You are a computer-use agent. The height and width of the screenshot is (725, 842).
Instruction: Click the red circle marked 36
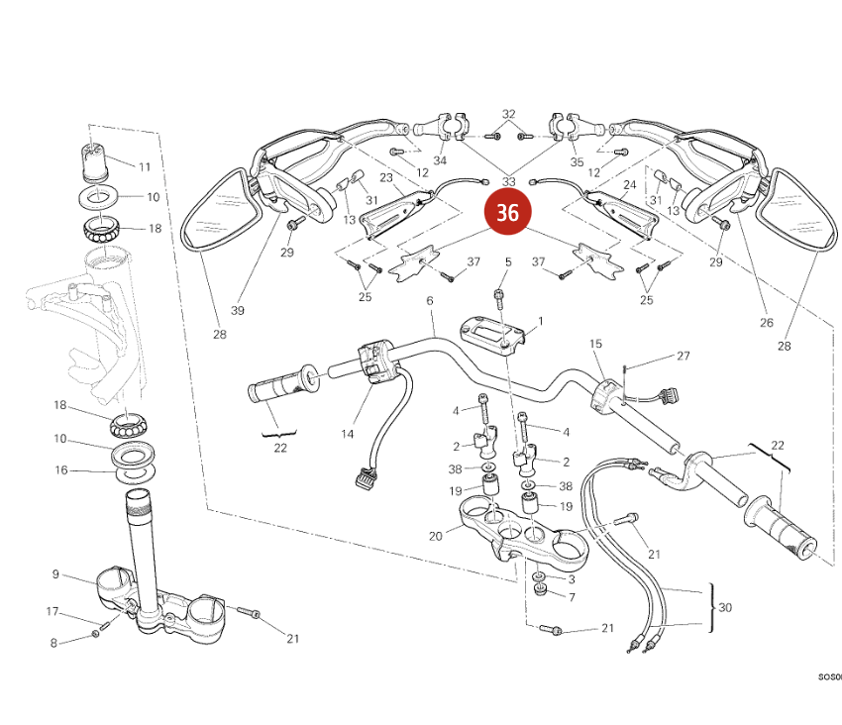(x=507, y=214)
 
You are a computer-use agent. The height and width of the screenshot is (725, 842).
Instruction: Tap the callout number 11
(x=144, y=166)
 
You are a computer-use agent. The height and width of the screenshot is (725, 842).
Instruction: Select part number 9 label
(x=56, y=573)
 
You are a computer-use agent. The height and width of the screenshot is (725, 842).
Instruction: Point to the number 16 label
(x=61, y=470)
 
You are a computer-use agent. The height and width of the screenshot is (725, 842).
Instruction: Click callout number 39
(x=237, y=310)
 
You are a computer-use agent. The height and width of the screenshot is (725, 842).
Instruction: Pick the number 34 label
(x=440, y=160)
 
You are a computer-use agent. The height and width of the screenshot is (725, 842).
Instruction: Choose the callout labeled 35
(x=578, y=160)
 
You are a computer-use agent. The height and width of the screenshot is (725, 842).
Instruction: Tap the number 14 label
(x=348, y=434)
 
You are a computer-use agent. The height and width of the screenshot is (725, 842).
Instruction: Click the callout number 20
(x=435, y=536)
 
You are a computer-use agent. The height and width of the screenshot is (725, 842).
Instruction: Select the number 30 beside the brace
(x=726, y=607)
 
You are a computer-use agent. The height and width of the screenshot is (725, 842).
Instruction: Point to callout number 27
(x=683, y=356)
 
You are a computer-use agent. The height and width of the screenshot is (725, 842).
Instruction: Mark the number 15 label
(x=595, y=344)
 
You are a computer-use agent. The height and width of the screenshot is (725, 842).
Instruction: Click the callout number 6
(x=430, y=300)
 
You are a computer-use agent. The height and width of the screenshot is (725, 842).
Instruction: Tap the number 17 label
(x=53, y=611)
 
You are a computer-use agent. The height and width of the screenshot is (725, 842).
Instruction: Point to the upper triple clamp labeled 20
(x=515, y=530)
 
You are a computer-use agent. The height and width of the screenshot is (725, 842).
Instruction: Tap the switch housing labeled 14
(x=378, y=361)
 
